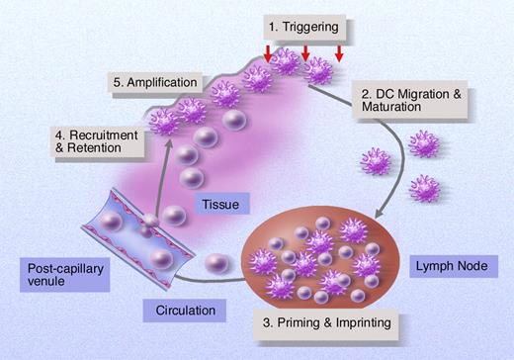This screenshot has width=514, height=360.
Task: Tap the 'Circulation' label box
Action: (x=186, y=311)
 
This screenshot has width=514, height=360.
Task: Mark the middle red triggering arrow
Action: (x=305, y=51)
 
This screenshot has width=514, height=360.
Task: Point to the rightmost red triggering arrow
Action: (x=339, y=51)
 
